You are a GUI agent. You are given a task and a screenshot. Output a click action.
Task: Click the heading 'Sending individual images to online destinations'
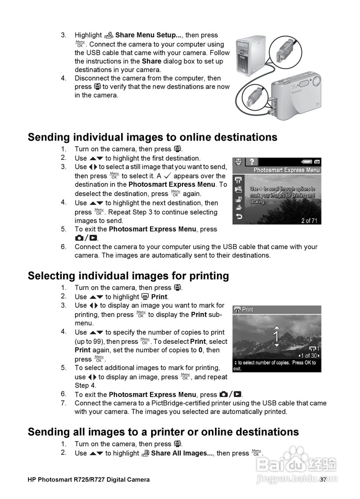coord(152,137)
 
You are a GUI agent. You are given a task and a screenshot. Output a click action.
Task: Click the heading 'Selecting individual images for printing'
coord(128,276)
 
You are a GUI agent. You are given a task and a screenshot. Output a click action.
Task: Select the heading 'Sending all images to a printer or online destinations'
coord(163,432)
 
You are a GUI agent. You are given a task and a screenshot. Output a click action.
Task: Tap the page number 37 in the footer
coord(323,480)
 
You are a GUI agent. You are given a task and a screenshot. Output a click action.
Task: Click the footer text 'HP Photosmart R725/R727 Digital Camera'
coord(88,480)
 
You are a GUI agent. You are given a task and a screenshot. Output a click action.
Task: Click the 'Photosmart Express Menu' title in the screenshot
coord(286,170)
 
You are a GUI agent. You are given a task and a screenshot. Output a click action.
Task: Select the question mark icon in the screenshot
coord(252,161)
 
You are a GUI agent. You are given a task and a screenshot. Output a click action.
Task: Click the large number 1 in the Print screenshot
coord(276,336)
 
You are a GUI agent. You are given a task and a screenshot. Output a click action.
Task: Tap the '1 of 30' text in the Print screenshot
coord(309,356)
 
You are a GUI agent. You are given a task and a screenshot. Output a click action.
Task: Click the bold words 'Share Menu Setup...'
coord(148,35)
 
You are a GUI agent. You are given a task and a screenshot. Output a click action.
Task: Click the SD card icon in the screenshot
coord(317,161)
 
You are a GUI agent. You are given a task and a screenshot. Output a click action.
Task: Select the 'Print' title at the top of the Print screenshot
coord(247,310)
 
